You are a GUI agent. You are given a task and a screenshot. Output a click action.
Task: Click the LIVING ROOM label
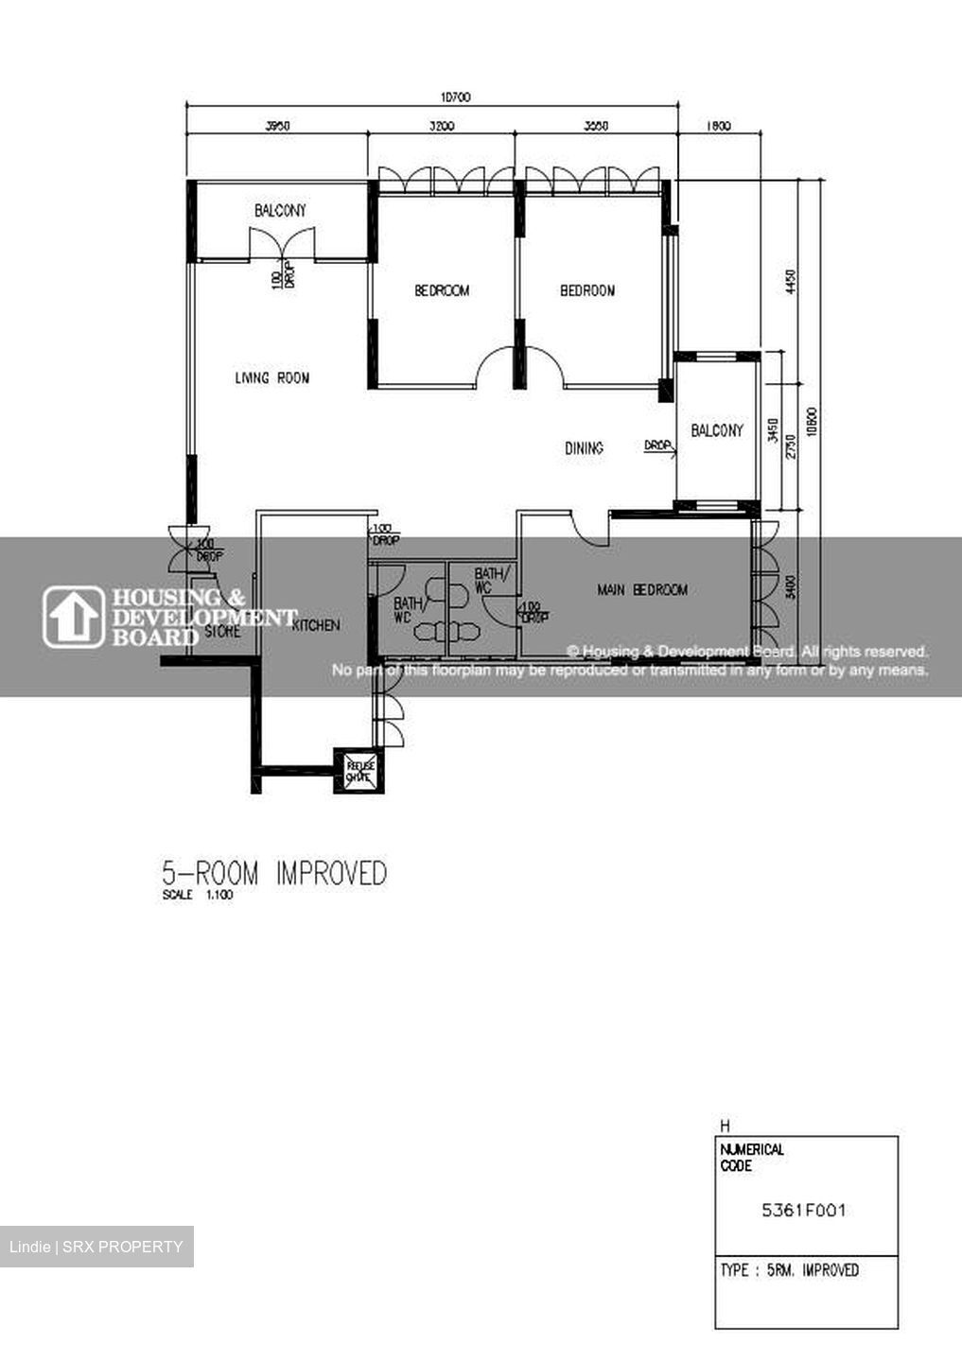271,378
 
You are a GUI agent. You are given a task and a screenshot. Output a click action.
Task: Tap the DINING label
584,448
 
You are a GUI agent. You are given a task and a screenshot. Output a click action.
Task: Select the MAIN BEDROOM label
642,590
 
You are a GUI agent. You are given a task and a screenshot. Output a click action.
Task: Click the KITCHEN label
316,625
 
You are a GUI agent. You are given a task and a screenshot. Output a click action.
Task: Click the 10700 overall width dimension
455,96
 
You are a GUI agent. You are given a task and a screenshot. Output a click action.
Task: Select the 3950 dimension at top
276,125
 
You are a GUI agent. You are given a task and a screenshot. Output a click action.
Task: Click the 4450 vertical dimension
792,281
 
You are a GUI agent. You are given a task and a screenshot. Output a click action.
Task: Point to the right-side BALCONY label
717,431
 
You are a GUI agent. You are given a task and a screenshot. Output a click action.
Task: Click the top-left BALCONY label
280,210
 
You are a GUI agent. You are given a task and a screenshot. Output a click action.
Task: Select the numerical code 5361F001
804,1210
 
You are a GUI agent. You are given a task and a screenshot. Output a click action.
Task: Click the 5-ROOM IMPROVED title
274,873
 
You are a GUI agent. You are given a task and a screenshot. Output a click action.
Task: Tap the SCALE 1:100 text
197,895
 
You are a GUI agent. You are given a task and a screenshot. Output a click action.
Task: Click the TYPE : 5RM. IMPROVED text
789,1270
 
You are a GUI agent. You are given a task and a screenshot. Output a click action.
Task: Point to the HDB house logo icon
74,617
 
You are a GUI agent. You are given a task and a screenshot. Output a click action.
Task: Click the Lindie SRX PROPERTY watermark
96,1247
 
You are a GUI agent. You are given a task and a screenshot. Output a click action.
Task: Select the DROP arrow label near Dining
659,445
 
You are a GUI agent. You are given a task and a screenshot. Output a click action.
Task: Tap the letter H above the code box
725,1126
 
